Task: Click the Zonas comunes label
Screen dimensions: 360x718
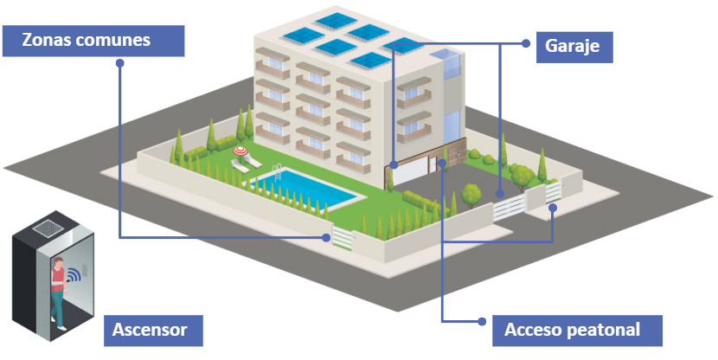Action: [93, 41]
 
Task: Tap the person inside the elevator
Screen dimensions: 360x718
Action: [58, 286]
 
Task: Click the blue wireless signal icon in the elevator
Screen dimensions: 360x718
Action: [74, 276]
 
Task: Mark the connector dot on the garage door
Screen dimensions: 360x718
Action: [393, 163]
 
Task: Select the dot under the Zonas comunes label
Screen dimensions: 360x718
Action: [119, 63]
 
